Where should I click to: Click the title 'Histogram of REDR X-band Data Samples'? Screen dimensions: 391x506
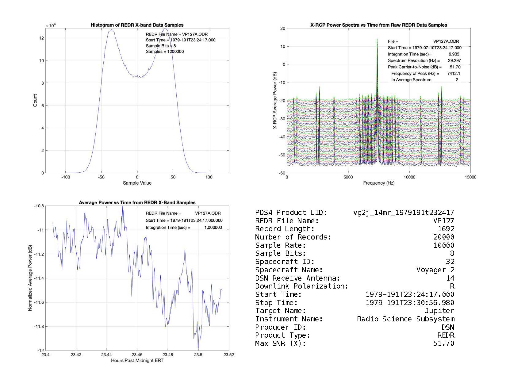pos(137,25)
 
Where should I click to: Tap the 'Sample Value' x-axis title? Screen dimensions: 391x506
pos(137,183)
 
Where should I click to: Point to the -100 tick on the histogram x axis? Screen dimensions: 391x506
pos(65,177)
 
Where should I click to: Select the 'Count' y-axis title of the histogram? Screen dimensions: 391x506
pos(35,101)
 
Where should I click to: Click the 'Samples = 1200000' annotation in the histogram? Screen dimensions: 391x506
pos(165,52)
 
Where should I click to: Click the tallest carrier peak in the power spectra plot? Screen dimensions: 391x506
pos(377,40)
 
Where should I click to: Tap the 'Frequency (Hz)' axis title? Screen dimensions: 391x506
pos(379,183)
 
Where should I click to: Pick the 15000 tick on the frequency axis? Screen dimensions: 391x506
pos(470,177)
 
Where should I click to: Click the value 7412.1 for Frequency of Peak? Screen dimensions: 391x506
pos(454,73)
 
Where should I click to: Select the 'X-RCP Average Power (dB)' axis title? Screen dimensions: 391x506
pos(275,101)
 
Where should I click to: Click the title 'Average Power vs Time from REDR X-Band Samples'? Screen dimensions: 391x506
pos(137,203)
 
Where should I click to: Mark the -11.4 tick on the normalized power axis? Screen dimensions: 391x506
pos(39,278)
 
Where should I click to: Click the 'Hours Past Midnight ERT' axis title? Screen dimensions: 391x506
pos(137,361)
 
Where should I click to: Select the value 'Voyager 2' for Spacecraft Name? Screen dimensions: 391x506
pos(435,270)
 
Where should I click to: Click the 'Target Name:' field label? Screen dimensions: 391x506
pos(280,311)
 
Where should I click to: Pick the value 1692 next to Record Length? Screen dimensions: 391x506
pos(446,229)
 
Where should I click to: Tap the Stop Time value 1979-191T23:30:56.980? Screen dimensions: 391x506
pos(410,303)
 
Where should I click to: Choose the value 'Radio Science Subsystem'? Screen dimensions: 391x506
pos(405,319)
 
